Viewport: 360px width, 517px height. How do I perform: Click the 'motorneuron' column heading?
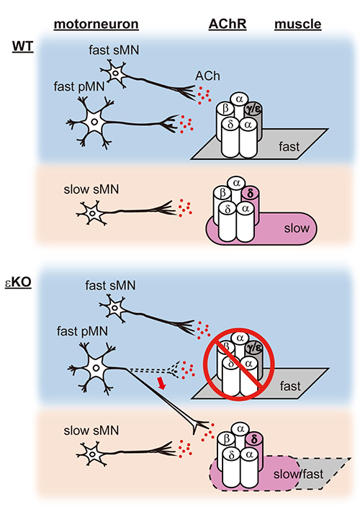(96, 24)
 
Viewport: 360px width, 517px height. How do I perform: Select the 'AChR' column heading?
(228, 24)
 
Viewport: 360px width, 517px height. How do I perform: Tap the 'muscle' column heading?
(297, 24)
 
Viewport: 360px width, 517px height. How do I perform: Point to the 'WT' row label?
(23, 46)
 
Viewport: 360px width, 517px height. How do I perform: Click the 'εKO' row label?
(18, 282)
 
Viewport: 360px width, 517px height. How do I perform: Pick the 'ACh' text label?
(207, 76)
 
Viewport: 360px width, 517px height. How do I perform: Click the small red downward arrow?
(161, 384)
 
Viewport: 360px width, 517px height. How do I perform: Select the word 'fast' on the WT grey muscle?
(289, 146)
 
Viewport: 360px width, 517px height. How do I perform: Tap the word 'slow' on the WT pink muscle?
(297, 228)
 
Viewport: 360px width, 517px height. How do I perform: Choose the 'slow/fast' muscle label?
(298, 474)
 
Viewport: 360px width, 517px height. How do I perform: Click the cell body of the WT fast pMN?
(94, 122)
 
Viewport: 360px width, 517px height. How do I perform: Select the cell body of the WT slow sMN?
(92, 213)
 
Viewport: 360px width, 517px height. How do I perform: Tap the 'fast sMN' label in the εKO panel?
(110, 285)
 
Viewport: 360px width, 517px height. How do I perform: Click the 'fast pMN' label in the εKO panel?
(82, 331)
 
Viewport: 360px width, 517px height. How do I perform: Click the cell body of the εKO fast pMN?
(96, 368)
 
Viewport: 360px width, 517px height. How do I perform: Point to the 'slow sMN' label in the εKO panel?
(91, 431)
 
